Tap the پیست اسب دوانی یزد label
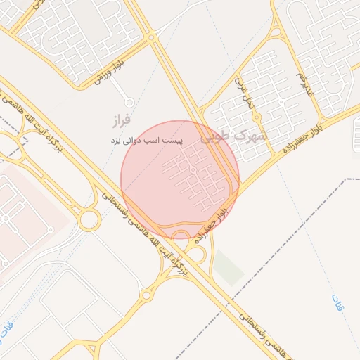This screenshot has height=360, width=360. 147,141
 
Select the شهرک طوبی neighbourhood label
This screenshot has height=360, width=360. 233,136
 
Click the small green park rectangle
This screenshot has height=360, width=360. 228,268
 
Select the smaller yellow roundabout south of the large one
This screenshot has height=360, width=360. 146,296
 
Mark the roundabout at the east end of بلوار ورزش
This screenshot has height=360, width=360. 150,37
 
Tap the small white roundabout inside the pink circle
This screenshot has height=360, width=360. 193,170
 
